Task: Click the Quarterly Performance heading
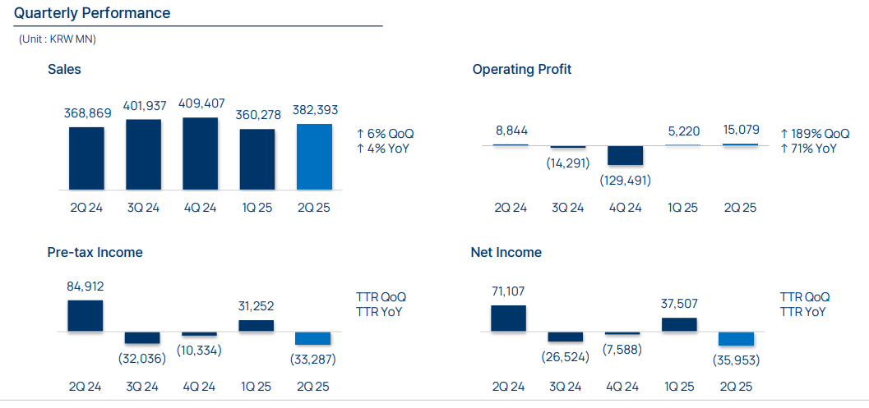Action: click(92, 13)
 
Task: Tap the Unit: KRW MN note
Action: click(58, 39)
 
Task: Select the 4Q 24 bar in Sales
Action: click(200, 154)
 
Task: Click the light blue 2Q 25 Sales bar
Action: click(314, 157)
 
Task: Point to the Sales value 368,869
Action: click(86, 113)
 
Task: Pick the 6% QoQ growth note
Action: click(384, 133)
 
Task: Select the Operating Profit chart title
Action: click(521, 69)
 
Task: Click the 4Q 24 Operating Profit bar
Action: click(625, 156)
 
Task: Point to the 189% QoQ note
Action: click(814, 133)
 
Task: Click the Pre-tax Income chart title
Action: click(95, 252)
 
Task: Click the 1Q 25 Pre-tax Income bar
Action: click(257, 326)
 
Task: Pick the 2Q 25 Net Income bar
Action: click(736, 339)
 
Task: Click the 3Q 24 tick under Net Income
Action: click(566, 387)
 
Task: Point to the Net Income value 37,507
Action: click(680, 304)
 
